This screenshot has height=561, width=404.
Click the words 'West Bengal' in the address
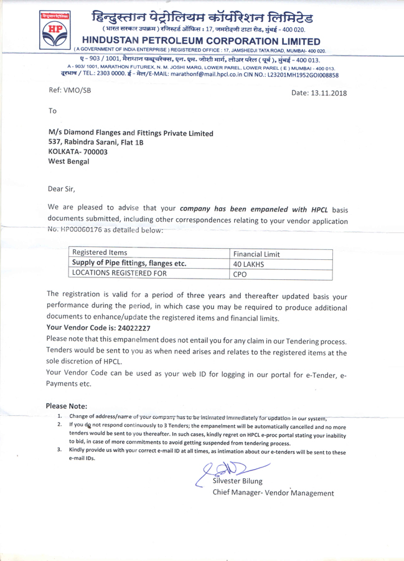click(x=69, y=161)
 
